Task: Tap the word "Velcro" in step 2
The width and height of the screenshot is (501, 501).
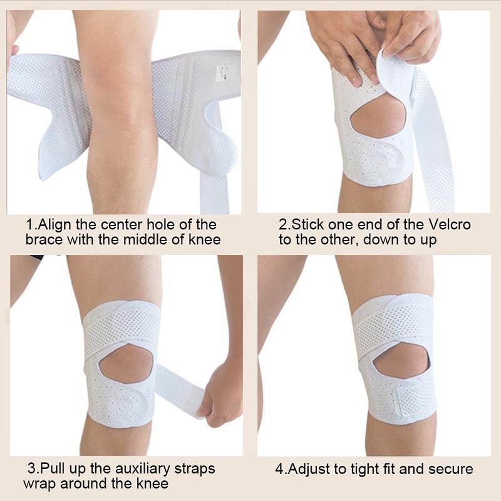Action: (447, 225)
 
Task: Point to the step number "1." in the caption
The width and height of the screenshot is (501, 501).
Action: (32, 225)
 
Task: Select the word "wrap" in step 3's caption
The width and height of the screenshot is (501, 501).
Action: (38, 484)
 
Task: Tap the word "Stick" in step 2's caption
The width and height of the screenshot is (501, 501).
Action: (306, 225)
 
